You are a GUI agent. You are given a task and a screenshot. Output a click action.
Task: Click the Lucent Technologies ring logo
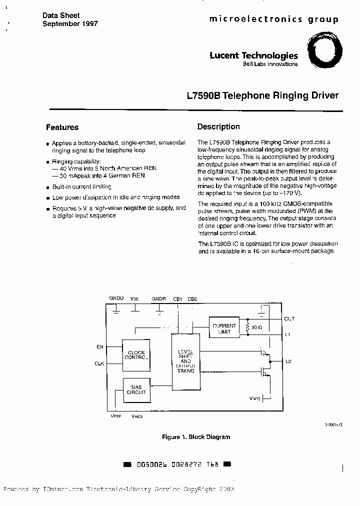[324, 51]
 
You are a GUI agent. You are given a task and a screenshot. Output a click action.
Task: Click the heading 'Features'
[62, 127]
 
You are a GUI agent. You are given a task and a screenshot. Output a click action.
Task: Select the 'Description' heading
[218, 127]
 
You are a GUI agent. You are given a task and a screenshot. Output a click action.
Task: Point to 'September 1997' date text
[70, 23]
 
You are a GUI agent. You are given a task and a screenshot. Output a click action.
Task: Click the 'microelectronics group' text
[273, 19]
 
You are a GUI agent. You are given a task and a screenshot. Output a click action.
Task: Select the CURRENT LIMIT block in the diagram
[224, 329]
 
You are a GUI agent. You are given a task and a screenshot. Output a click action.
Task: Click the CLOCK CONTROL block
[136, 355]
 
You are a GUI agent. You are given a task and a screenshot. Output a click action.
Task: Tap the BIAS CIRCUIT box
[136, 390]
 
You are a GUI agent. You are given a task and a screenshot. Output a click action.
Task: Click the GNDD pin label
[116, 298]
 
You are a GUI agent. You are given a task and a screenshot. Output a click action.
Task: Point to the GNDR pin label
[159, 298]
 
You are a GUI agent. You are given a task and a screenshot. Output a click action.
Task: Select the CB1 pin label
[177, 298]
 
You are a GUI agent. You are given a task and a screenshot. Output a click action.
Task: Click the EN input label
[100, 346]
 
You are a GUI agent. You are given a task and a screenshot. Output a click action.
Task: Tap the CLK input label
[99, 363]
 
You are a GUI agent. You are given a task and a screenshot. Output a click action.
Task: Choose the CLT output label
[289, 318]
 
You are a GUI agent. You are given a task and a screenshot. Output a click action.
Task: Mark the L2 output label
[288, 361]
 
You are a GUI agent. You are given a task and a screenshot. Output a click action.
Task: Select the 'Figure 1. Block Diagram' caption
[196, 437]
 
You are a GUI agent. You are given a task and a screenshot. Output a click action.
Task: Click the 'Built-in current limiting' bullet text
[82, 186]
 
